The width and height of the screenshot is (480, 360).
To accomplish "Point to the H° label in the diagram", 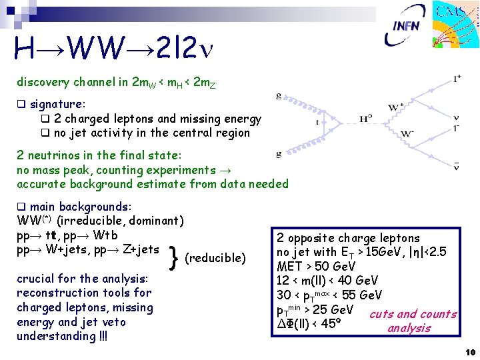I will (365, 118).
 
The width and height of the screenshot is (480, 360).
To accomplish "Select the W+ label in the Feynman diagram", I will (397, 107).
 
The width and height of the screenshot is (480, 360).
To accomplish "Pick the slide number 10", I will (469, 352).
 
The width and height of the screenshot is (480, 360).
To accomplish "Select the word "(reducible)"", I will (215, 258).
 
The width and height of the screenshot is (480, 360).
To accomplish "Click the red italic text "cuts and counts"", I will (413, 314).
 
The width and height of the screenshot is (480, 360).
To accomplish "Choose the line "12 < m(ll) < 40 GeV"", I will (327, 280).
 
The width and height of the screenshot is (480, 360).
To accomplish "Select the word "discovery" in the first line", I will (43, 83).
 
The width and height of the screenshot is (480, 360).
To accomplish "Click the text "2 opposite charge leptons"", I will (348, 238).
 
